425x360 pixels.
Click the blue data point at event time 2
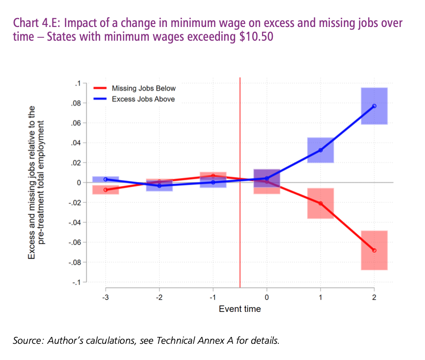[x=374, y=106]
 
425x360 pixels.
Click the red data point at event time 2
[x=374, y=250]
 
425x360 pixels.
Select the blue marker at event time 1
[x=320, y=150]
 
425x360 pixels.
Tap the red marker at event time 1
[x=320, y=203]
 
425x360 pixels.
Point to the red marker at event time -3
[x=106, y=190]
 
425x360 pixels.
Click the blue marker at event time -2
[x=159, y=186]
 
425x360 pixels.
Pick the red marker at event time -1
[x=213, y=176]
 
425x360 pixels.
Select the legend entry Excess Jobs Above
[x=143, y=99]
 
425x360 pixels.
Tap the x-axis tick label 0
[x=266, y=297]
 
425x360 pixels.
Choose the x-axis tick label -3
[x=105, y=297]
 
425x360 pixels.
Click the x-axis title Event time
[x=239, y=309]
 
